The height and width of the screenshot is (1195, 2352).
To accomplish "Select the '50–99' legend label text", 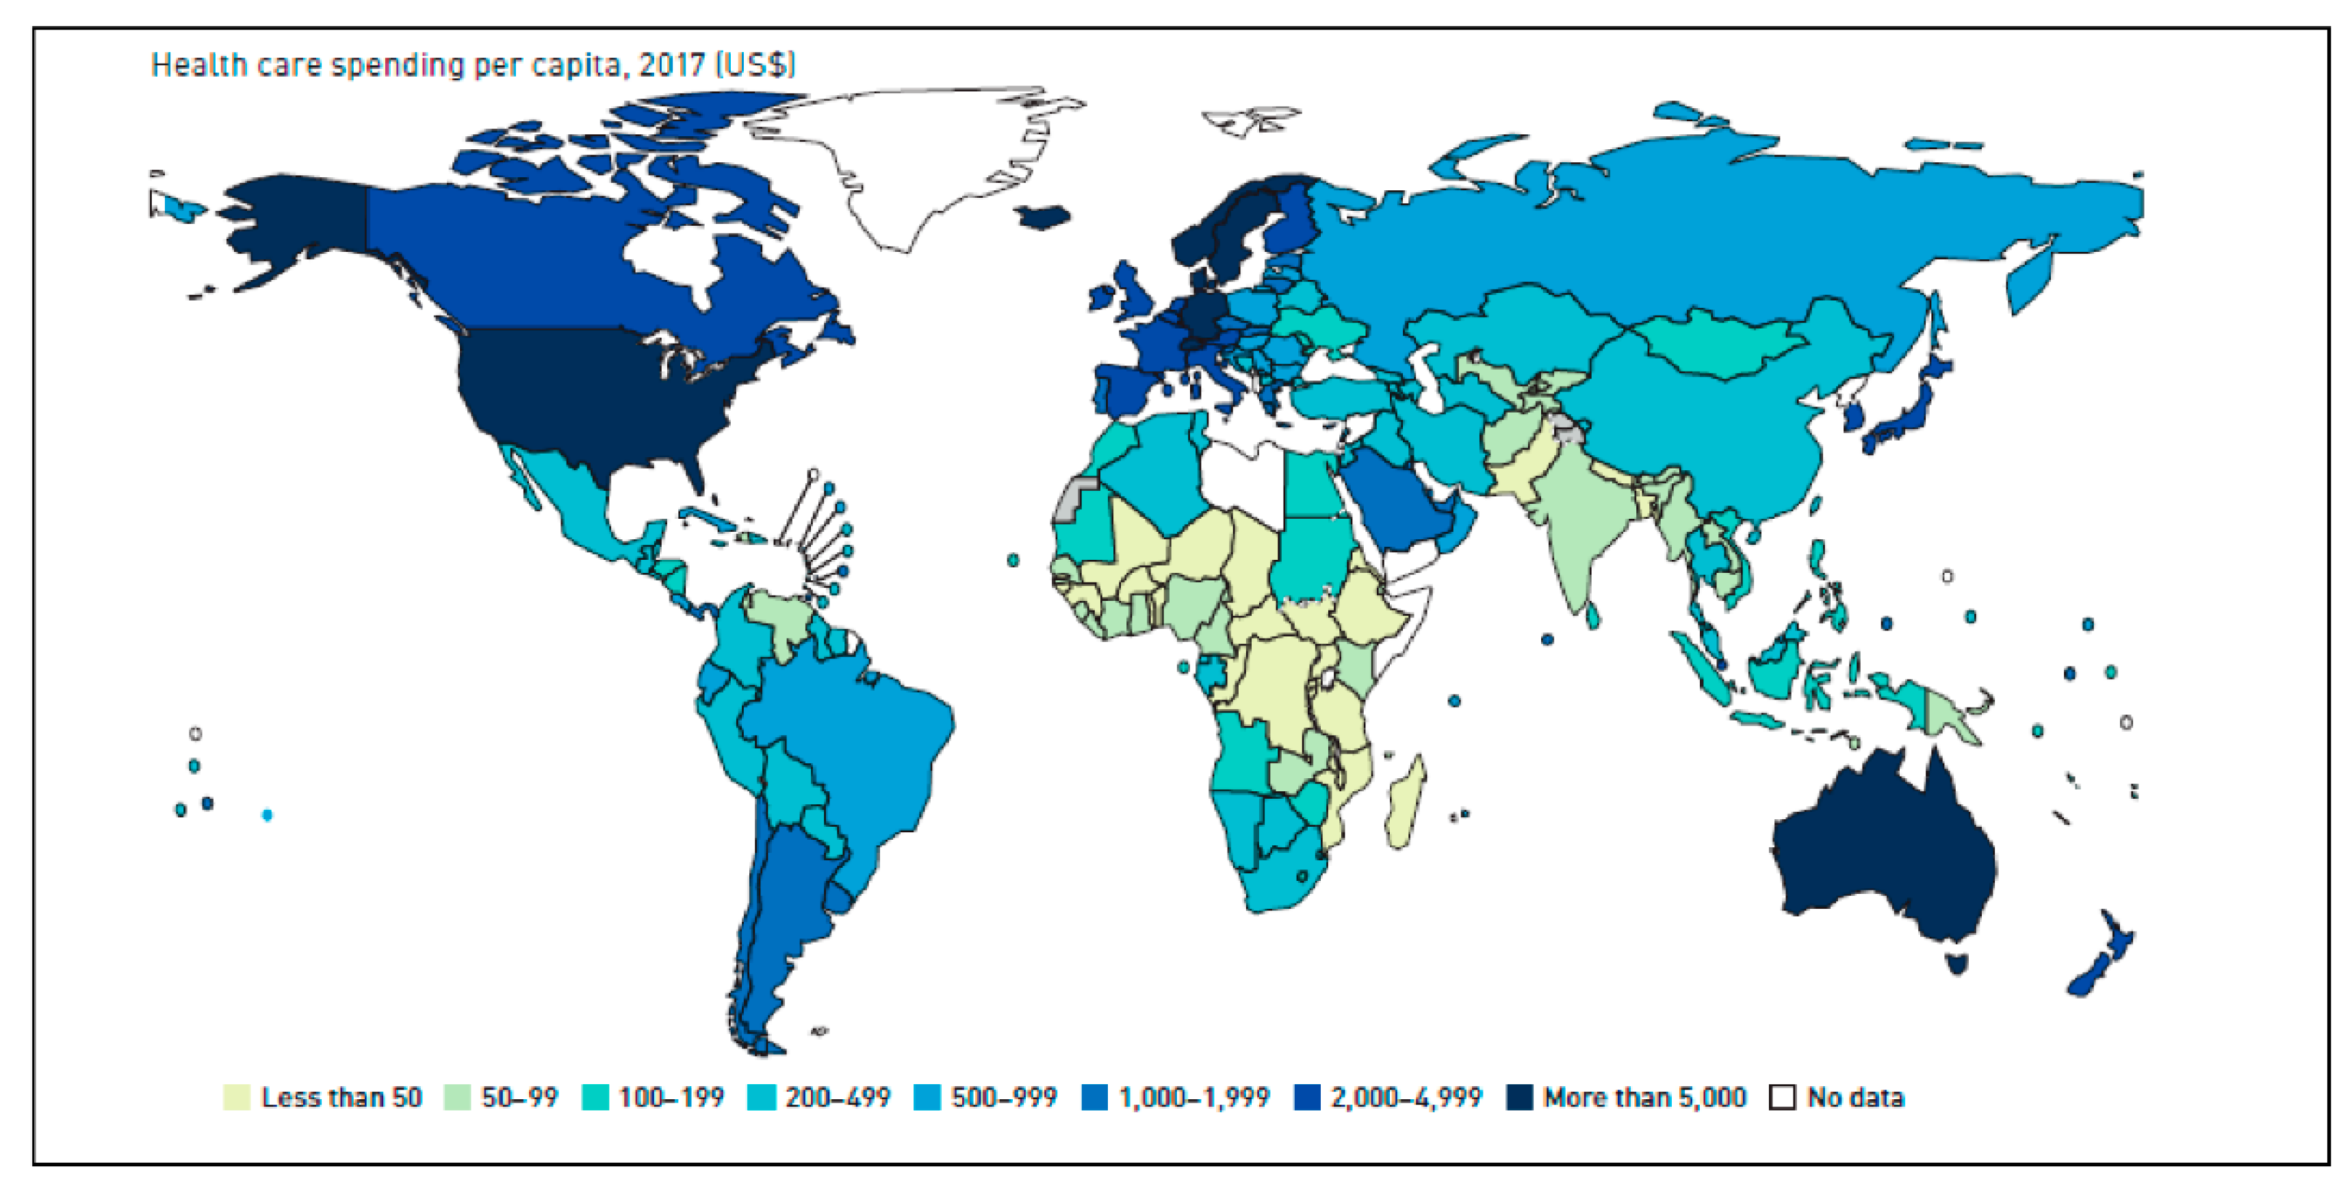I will pyautogui.click(x=519, y=1096).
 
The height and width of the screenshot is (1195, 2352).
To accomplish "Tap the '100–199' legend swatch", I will pyautogui.click(x=595, y=1096).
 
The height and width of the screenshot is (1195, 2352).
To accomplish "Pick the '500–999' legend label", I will pyautogui.click(x=1003, y=1096).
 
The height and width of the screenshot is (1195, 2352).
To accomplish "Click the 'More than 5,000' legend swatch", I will pyautogui.click(x=1519, y=1096).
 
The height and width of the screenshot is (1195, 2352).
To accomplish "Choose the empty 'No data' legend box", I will pyautogui.click(x=1781, y=1096).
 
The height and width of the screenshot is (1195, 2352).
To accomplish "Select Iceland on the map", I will pyautogui.click(x=1043, y=217).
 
